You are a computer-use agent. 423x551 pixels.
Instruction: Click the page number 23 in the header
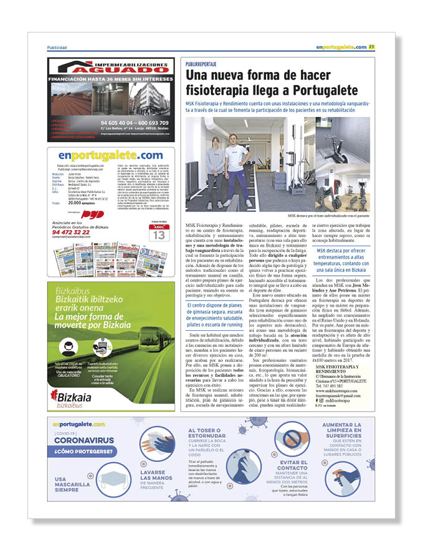point(371,47)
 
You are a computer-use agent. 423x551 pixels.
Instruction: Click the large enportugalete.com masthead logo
point(111,155)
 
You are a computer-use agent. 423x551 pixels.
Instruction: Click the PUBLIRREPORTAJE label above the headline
point(201,64)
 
